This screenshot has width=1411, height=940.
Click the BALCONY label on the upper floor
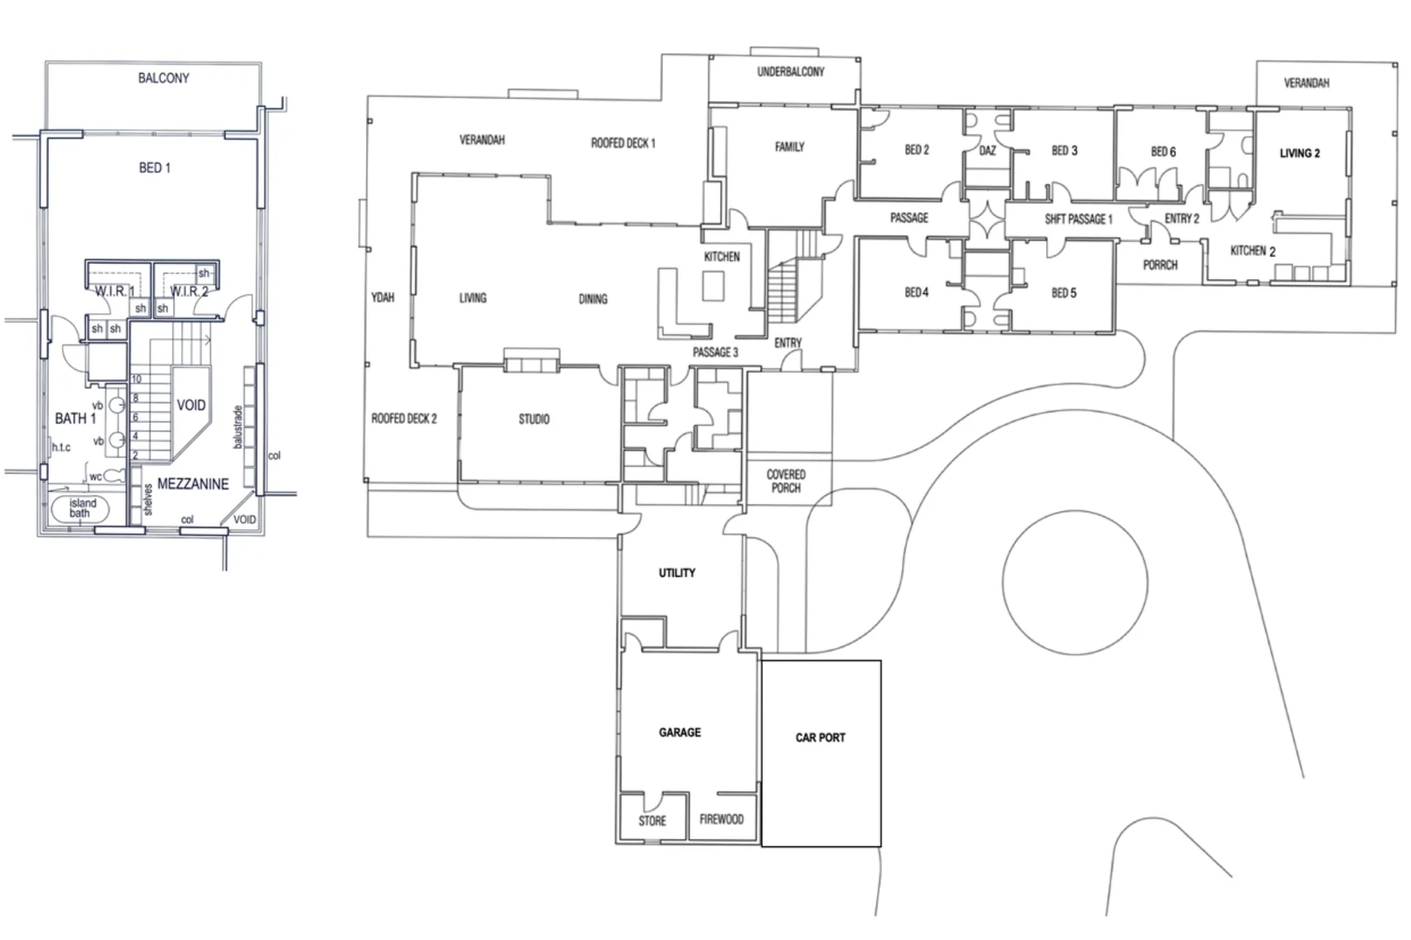tap(164, 78)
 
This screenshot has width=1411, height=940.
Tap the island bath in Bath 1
tap(79, 509)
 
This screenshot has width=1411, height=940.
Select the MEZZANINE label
tap(193, 484)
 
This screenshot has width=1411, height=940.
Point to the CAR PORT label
tap(820, 737)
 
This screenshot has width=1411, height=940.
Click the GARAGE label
tap(679, 732)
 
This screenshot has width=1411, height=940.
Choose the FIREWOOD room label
tap(721, 819)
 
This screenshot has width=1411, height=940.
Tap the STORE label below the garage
tap(652, 821)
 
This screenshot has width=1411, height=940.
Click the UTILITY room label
tap(677, 573)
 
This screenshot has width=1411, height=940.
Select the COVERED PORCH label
tap(786, 481)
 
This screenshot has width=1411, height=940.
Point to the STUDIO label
tap(534, 420)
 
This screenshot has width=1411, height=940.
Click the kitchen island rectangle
tap(713, 285)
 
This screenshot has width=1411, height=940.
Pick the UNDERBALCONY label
tap(791, 72)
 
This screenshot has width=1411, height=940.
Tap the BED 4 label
tap(917, 292)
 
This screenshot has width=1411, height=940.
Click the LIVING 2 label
tap(1300, 153)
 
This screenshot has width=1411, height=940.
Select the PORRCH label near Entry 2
tap(1160, 265)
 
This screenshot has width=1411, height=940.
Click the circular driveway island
tap(1075, 582)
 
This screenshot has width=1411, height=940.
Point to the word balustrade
tap(237, 426)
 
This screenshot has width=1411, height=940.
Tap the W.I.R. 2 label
tap(189, 292)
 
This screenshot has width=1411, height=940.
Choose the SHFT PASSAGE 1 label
tap(1079, 219)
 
